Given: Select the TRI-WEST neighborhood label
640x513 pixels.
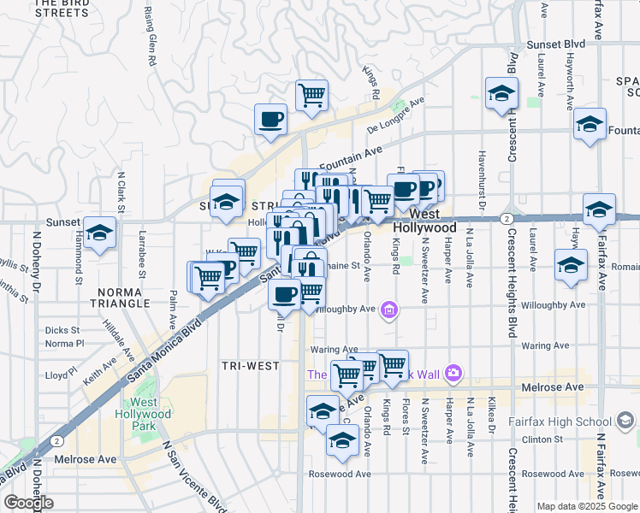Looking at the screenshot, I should [251, 366].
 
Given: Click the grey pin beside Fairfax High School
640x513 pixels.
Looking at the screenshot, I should [625, 420].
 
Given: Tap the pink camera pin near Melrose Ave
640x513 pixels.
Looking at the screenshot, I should [453, 373].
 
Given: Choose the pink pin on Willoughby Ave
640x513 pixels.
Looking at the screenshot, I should [389, 309].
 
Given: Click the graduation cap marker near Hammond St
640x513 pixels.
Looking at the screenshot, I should [100, 232].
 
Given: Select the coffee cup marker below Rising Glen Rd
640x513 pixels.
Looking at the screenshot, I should [271, 120].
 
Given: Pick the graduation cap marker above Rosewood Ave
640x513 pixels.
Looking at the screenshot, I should [342, 441].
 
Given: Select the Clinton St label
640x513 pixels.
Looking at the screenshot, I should [544, 439].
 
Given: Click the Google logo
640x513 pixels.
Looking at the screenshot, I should [28, 503].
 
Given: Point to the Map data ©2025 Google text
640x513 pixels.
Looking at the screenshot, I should [587, 506].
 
